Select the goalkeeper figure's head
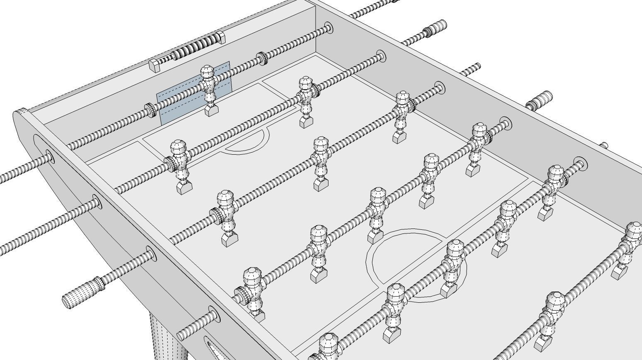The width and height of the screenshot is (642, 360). (207, 72)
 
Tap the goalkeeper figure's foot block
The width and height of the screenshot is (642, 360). (212, 110)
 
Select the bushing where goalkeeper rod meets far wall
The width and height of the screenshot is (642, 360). (328, 28)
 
